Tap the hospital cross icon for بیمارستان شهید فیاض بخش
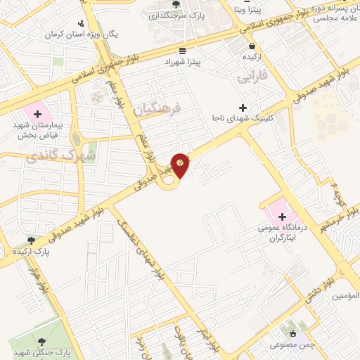point(37,114)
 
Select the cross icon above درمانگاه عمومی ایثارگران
point(282,215)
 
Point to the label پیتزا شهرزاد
point(198,62)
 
